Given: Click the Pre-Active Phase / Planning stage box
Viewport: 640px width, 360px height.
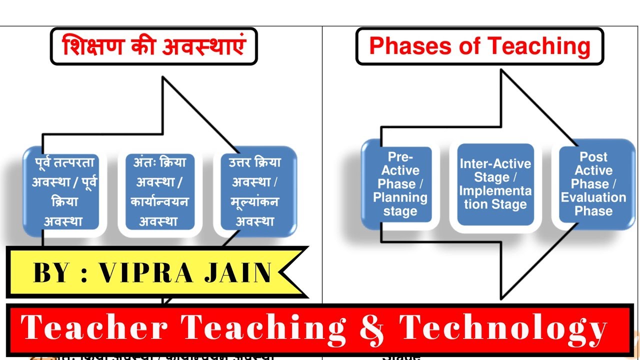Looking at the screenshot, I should click(400, 184).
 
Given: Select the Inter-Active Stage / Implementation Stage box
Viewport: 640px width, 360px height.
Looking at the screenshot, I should click(495, 184).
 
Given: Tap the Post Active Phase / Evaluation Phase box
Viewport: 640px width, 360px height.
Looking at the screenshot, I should click(593, 184).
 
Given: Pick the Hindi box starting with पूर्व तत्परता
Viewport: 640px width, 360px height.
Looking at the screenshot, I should click(64, 191).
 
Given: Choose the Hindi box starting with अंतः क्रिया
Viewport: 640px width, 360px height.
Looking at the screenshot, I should click(160, 191).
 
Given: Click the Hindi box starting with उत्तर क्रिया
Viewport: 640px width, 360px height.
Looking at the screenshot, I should click(255, 191).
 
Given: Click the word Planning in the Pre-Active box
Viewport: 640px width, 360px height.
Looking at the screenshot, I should click(400, 197).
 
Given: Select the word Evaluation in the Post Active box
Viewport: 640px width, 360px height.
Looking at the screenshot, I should click(593, 197).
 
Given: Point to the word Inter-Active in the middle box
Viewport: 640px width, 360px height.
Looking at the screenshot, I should click(495, 164).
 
